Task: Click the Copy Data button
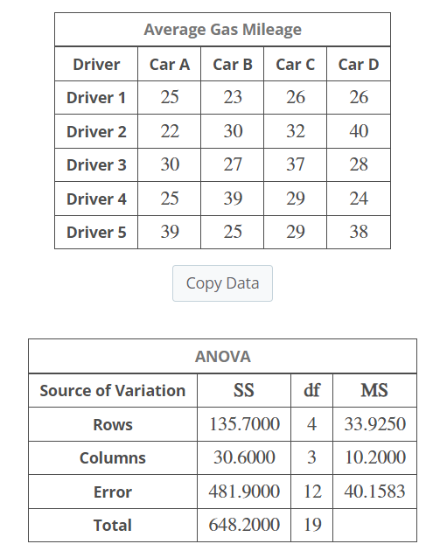pyautogui.click(x=222, y=283)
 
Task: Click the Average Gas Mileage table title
pyautogui.click(x=222, y=30)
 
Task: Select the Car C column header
pyautogui.click(x=296, y=64)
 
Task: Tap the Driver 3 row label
pyautogui.click(x=96, y=164)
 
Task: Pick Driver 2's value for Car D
pyautogui.click(x=359, y=131)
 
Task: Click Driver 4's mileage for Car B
pyautogui.click(x=233, y=199)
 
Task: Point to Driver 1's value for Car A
pyautogui.click(x=170, y=97)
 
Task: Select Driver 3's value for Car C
pyautogui.click(x=296, y=164)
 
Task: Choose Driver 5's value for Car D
pyautogui.click(x=359, y=232)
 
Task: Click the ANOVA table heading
pyautogui.click(x=222, y=357)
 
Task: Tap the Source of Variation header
pyautogui.click(x=113, y=391)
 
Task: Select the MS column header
pyautogui.click(x=374, y=391)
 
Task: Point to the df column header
pyautogui.click(x=312, y=391)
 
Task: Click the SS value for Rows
pyautogui.click(x=245, y=425)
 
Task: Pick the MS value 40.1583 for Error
pyautogui.click(x=374, y=492)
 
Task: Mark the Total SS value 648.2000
pyautogui.click(x=245, y=525)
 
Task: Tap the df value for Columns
pyautogui.click(x=312, y=458)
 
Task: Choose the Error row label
pyautogui.click(x=113, y=492)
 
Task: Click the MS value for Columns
pyautogui.click(x=374, y=458)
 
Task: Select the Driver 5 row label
pyautogui.click(x=96, y=232)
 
